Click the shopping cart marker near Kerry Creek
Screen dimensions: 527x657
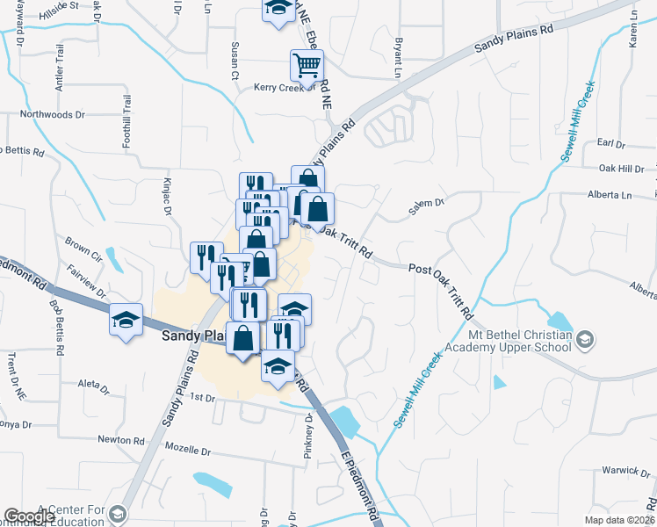point(307,64)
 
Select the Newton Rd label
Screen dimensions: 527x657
point(121,440)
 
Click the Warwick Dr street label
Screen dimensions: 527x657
point(625,469)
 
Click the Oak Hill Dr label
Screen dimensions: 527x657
point(621,169)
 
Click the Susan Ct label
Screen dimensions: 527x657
point(235,54)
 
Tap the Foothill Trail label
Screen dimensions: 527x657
point(126,120)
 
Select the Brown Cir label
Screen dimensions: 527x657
point(83,243)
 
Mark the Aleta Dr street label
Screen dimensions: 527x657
point(92,386)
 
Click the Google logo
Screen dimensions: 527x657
point(29,516)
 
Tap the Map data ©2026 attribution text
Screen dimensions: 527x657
point(619,520)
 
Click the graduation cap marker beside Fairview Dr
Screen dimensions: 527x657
point(125,319)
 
